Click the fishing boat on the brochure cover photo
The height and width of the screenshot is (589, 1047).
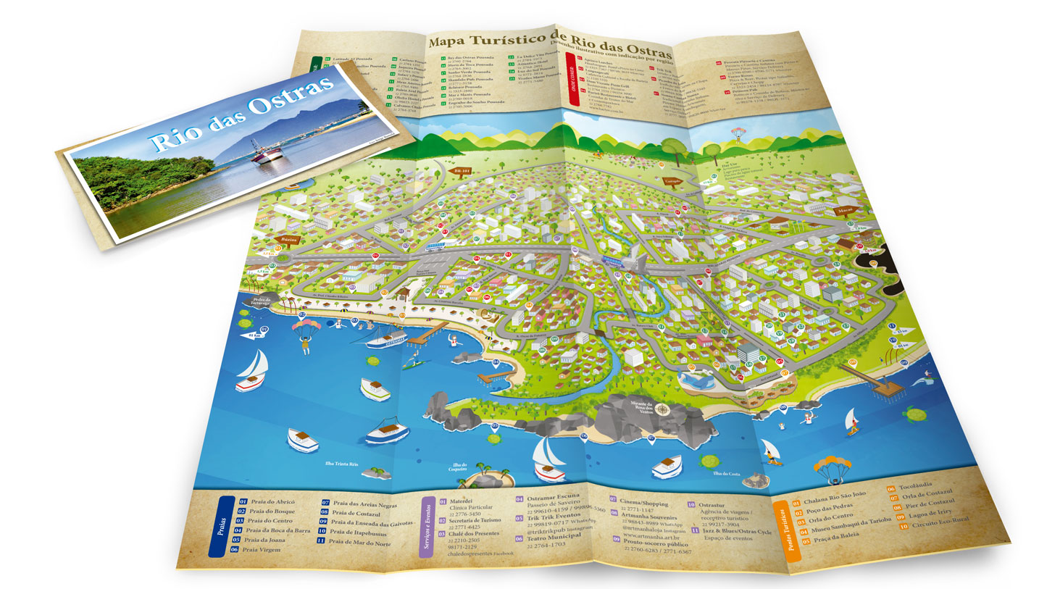[x=267, y=154]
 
